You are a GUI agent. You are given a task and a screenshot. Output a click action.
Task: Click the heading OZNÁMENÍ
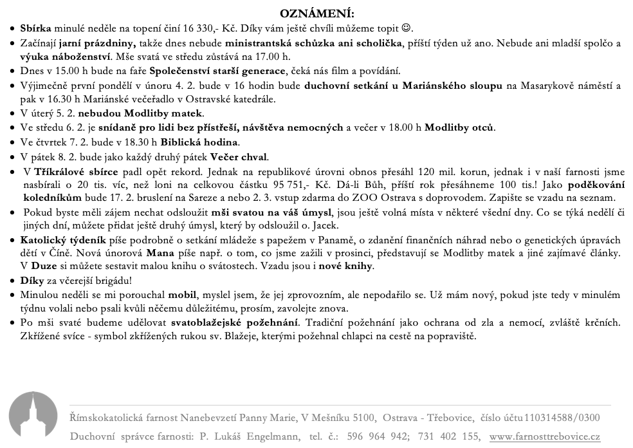point(317,14)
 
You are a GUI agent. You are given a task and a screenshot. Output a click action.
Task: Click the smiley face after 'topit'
point(406,29)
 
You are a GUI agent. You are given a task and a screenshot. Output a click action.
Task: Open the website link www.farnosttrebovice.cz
point(544,436)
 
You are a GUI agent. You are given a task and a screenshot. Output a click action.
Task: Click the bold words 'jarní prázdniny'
point(96,43)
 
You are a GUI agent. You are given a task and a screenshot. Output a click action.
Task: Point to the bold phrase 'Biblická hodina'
point(199,142)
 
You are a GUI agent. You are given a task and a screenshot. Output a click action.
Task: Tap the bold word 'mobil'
point(183,295)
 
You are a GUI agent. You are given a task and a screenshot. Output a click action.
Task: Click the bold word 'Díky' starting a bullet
point(32,281)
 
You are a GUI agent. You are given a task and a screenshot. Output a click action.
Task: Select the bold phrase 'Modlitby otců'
point(459,127)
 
